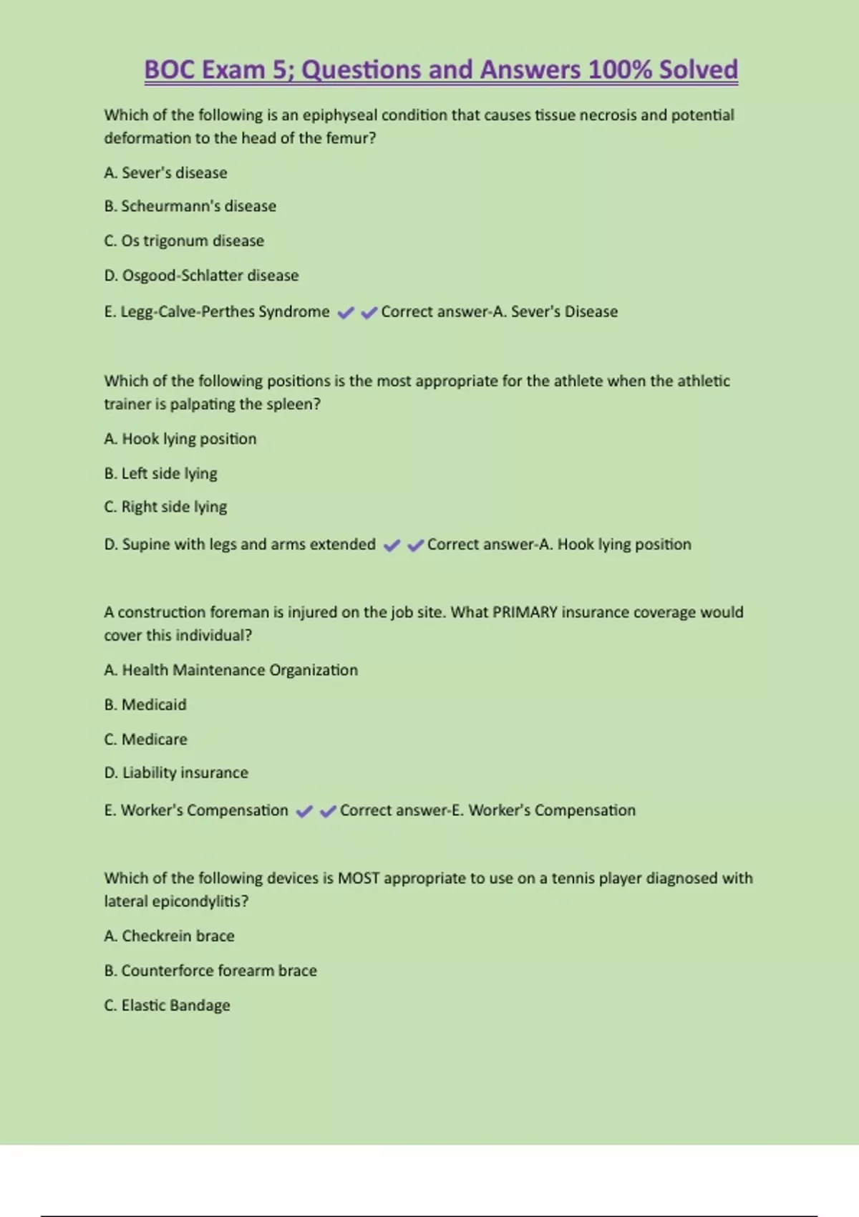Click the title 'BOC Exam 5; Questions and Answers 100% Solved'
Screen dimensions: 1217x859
(441, 70)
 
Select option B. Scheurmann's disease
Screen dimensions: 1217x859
(190, 206)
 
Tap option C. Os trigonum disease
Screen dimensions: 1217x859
(184, 241)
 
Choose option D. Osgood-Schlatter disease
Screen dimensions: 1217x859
(201, 276)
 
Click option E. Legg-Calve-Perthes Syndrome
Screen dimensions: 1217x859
(217, 312)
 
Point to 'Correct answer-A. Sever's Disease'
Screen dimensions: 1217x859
(499, 312)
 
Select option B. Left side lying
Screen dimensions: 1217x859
(160, 473)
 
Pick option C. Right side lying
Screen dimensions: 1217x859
(165, 507)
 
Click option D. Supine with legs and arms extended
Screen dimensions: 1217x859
(240, 545)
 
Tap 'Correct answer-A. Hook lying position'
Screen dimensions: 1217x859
(559, 545)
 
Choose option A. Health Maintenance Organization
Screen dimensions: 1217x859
(230, 670)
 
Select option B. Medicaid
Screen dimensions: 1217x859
(145, 704)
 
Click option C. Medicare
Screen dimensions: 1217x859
(145, 740)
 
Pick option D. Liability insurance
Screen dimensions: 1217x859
(176, 773)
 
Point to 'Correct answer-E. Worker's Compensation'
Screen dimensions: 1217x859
(487, 810)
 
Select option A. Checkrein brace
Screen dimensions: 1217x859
(169, 936)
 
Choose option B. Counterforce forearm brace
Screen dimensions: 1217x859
(210, 971)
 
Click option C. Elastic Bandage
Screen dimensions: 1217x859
(167, 1006)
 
